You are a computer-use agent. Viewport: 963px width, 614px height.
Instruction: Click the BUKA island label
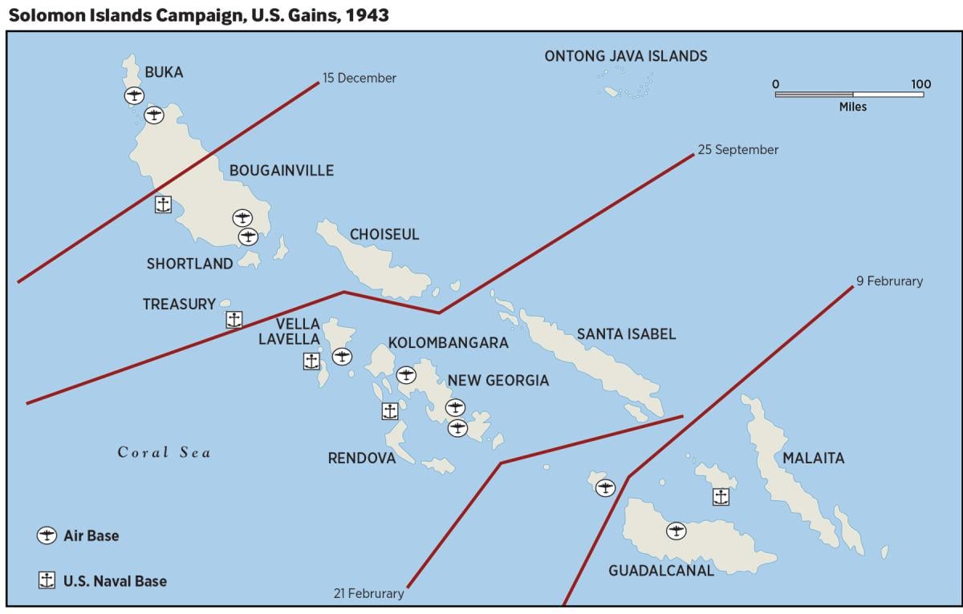164,72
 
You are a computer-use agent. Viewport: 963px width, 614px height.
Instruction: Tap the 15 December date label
360,79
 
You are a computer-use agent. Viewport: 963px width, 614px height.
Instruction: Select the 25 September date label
737,150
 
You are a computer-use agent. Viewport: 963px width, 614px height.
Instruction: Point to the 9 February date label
889,281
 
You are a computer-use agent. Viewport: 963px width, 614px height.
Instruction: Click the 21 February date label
368,594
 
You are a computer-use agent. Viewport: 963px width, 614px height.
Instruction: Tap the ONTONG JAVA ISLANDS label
626,56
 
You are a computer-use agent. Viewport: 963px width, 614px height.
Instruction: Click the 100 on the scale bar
920,84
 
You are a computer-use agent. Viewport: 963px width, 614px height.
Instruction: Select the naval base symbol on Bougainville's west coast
163,204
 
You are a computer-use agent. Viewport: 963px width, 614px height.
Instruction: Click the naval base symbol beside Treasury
234,320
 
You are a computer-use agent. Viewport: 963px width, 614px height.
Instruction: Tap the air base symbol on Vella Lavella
342,357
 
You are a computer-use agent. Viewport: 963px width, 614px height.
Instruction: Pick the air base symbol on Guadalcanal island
677,531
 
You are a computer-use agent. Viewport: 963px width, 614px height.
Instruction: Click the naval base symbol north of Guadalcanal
721,497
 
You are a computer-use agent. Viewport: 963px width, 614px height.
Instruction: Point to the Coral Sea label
165,453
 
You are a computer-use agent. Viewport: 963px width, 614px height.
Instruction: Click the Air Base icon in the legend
47,535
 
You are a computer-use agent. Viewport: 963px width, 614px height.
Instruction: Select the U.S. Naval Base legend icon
47,580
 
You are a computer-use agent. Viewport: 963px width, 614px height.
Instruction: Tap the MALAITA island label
814,458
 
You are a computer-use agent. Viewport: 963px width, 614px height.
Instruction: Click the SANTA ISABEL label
626,334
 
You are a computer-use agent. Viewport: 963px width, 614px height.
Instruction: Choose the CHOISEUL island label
384,235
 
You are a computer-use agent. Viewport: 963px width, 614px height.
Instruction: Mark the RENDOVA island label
362,458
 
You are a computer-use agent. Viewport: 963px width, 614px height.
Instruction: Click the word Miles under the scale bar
853,107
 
